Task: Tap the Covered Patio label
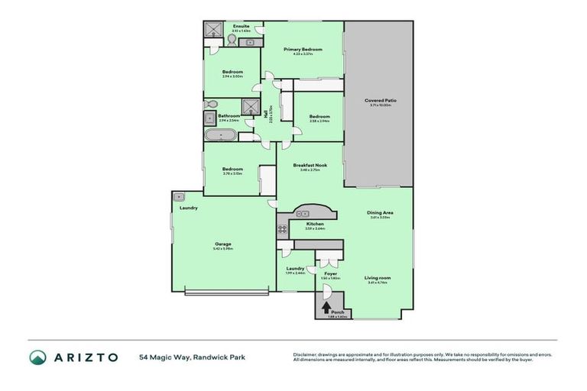point(380,100)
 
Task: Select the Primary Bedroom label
point(303,50)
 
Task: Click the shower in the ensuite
point(212,29)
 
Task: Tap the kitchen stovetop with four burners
point(282,228)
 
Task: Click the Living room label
point(377,277)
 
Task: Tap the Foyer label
point(330,273)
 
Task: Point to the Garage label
point(222,244)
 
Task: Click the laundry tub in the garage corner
point(179,196)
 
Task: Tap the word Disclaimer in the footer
point(306,354)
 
